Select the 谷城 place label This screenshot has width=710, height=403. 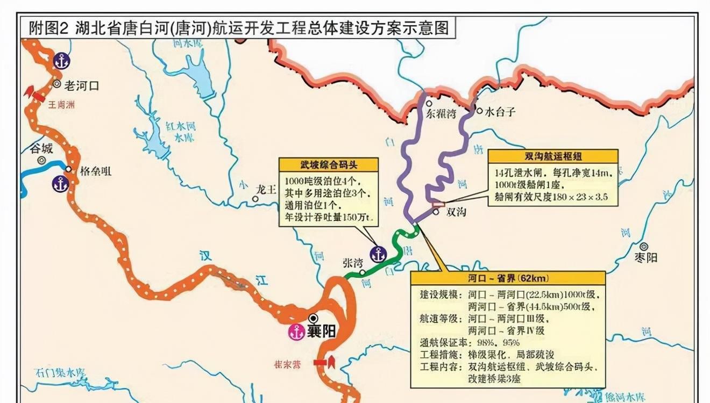coord(41,148)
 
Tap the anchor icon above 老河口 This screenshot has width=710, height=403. coord(61,61)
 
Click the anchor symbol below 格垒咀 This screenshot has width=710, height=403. coord(60,184)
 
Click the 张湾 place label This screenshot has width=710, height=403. coord(353,263)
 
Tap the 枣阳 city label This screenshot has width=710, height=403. coord(645,257)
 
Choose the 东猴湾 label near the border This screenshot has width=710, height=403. coord(441,114)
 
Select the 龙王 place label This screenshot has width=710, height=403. coord(266,189)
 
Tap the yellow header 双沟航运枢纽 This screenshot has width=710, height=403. coord(552,156)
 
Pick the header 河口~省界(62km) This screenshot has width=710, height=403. coord(508,278)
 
